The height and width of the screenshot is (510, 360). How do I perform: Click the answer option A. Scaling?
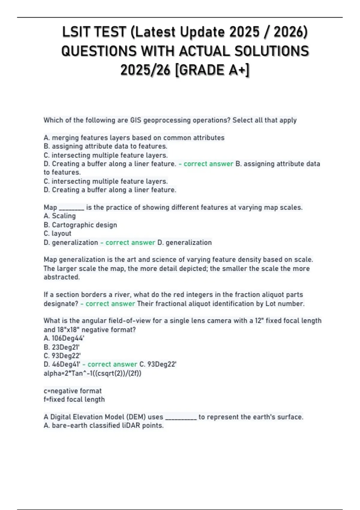[x=60, y=216]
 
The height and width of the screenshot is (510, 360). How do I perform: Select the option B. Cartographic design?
[x=80, y=225]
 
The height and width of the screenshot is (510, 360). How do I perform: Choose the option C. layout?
[x=58, y=234]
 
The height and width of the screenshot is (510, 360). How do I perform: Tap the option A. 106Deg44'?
[x=64, y=338]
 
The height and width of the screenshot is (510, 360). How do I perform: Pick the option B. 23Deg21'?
[x=61, y=347]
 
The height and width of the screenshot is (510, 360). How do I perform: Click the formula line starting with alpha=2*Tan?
[x=92, y=373]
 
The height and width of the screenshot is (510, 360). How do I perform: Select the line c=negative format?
[x=73, y=391]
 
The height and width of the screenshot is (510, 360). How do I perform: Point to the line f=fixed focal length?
[x=74, y=400]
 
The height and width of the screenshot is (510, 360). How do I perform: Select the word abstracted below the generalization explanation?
[x=62, y=277]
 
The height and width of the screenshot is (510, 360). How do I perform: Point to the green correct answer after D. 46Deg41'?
[x=112, y=364]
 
